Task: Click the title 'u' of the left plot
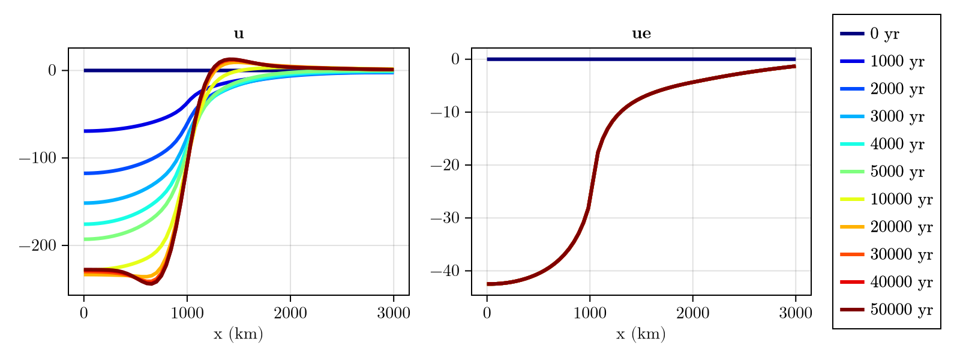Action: pos(239,34)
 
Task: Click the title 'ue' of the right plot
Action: pos(641,34)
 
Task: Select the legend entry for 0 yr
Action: pos(884,34)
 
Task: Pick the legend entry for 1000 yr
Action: pos(896,62)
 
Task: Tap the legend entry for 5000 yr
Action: pos(896,172)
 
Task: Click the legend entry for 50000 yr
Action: pos(901,310)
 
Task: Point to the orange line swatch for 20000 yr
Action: pos(852,227)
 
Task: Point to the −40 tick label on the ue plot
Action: pos(444,272)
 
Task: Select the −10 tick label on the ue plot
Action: pos(444,113)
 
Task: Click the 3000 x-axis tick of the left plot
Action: pos(393,314)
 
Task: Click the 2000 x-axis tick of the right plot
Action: pos(692,314)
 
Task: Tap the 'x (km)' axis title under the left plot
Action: pos(238,335)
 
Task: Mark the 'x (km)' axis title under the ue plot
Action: pos(641,335)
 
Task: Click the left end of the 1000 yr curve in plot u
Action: pos(86,131)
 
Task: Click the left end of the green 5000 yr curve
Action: pos(86,239)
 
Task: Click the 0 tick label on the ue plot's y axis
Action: pos(455,59)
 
